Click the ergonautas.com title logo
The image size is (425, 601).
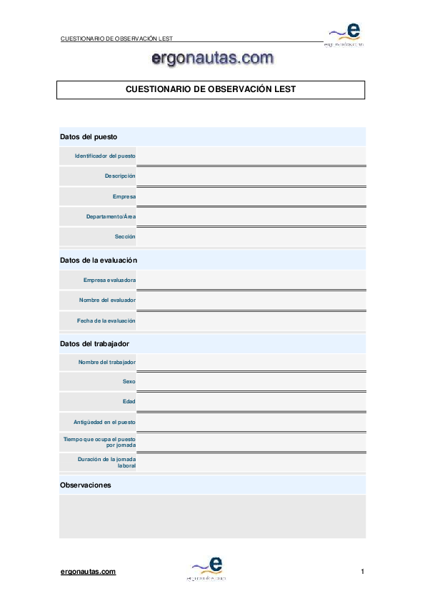(x=212, y=59)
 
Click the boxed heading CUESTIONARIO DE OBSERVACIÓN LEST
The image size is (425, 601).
(x=211, y=90)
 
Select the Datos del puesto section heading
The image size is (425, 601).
(x=89, y=136)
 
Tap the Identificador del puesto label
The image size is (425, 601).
(x=105, y=156)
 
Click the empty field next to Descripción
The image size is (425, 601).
(x=251, y=176)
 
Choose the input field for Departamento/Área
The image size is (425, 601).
(x=251, y=216)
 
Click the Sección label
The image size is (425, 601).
(x=125, y=236)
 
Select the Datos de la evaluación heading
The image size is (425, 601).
(x=99, y=261)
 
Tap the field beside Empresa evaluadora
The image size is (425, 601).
(x=251, y=280)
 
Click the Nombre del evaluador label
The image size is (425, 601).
(x=107, y=300)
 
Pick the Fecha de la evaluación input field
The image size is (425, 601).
(x=251, y=320)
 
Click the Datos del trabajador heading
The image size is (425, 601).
(x=94, y=344)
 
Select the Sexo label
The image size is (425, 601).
(x=129, y=382)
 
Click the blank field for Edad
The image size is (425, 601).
(x=251, y=402)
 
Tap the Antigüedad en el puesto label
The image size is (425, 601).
(x=104, y=422)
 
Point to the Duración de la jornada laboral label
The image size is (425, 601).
(x=106, y=463)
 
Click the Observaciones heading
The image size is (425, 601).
(x=86, y=485)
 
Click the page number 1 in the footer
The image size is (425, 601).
(x=363, y=572)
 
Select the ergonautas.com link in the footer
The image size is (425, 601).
(x=88, y=572)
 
